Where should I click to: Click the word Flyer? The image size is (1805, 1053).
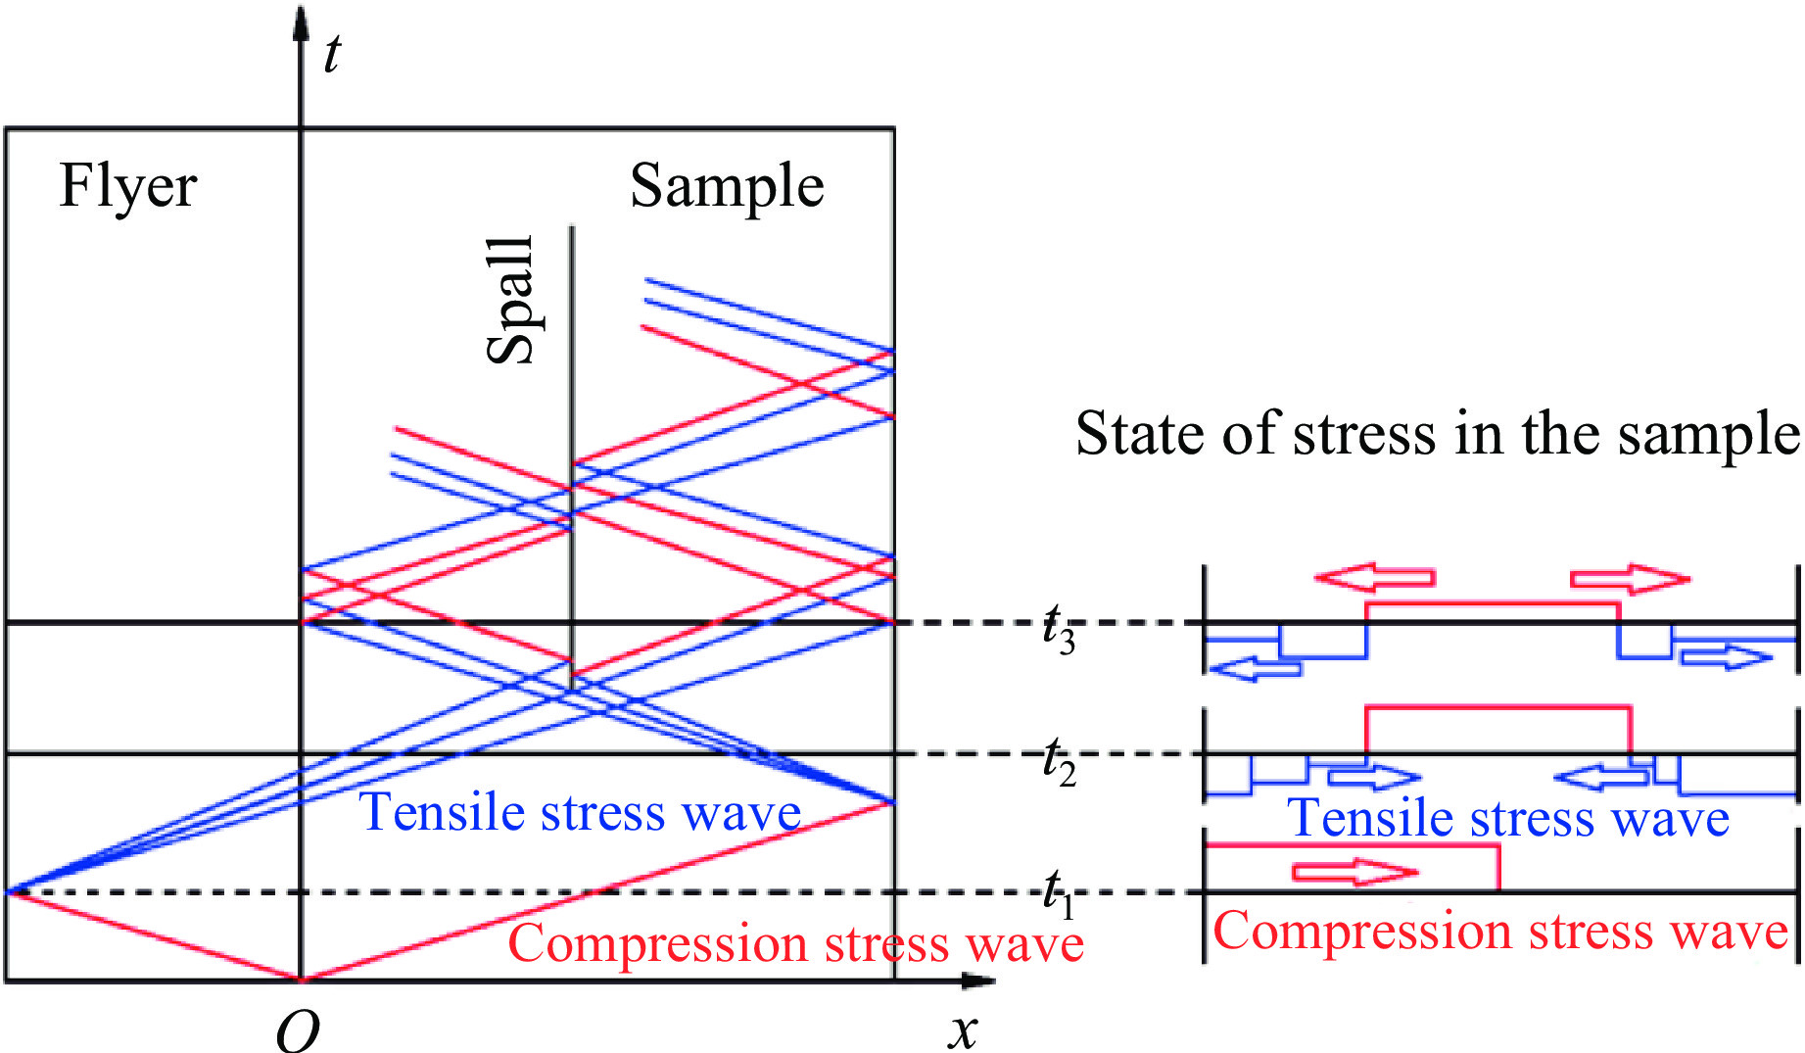point(128,186)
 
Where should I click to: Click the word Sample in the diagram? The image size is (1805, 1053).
point(727,186)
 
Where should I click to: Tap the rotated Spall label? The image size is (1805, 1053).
point(511,300)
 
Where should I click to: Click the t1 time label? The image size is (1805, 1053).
point(1058,893)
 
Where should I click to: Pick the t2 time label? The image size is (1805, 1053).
point(1059,762)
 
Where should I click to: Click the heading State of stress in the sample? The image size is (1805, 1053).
point(1437,433)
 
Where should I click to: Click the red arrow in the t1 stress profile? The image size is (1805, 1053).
point(1355,872)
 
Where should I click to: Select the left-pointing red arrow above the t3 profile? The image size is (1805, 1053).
point(1375,578)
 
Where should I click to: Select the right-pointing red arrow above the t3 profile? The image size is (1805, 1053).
point(1630,579)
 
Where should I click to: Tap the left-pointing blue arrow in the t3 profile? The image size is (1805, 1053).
point(1257,670)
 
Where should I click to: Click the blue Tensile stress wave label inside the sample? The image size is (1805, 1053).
point(581,813)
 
